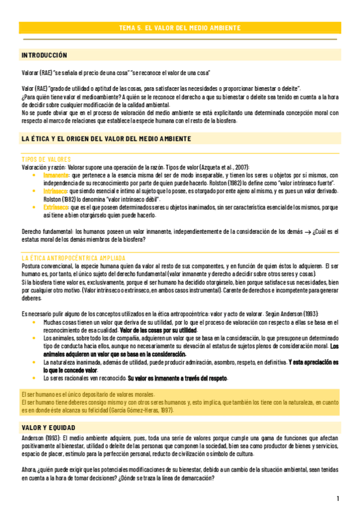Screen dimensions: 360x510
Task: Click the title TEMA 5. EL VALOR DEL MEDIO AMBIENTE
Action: point(180,28)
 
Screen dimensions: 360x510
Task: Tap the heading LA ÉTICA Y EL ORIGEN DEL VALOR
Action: point(106,139)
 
